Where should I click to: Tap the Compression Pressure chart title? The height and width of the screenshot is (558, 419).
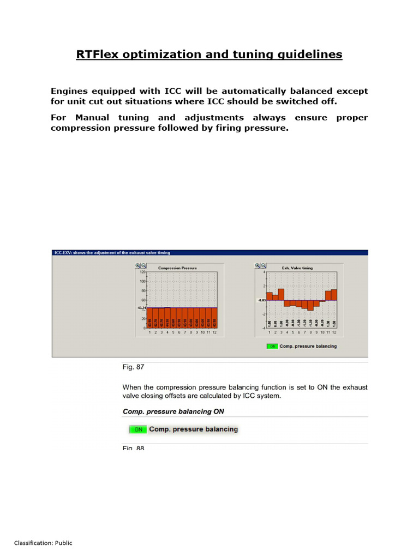[x=177, y=268]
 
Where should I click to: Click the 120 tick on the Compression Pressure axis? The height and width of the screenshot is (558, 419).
[x=142, y=272]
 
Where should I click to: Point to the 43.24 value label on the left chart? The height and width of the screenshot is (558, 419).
[x=141, y=308]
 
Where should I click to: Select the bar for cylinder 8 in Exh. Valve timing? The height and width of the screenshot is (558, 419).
[x=310, y=305]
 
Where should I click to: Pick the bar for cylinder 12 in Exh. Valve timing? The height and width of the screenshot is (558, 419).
[x=334, y=295]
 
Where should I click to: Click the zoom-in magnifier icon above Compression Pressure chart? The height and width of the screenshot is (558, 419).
[x=138, y=265]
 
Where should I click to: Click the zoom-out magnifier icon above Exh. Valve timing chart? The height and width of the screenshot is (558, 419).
[x=264, y=265]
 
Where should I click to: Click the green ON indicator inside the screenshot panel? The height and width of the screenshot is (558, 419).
[x=272, y=346]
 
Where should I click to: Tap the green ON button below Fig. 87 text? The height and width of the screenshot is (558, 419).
[x=138, y=429]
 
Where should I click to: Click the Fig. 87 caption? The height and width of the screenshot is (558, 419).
[x=133, y=367]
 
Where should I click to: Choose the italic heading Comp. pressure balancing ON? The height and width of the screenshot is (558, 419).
[x=173, y=411]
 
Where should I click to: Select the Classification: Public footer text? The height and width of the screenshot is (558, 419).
[x=43, y=543]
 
